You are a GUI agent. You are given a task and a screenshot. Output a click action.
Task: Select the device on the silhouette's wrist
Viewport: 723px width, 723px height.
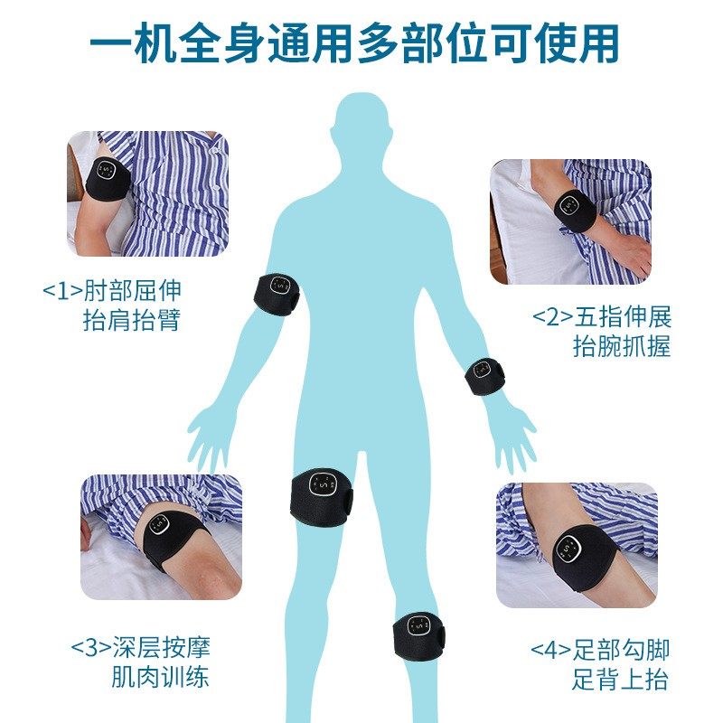(x=484, y=375)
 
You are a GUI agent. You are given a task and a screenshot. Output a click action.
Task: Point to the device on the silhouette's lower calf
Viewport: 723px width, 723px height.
(x=418, y=631)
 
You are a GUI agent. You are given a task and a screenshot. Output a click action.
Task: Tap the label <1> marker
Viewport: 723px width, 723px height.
(x=62, y=291)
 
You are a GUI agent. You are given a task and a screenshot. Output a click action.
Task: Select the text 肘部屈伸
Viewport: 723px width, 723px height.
(x=132, y=291)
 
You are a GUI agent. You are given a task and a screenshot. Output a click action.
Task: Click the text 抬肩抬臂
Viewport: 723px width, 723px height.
(x=132, y=321)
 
